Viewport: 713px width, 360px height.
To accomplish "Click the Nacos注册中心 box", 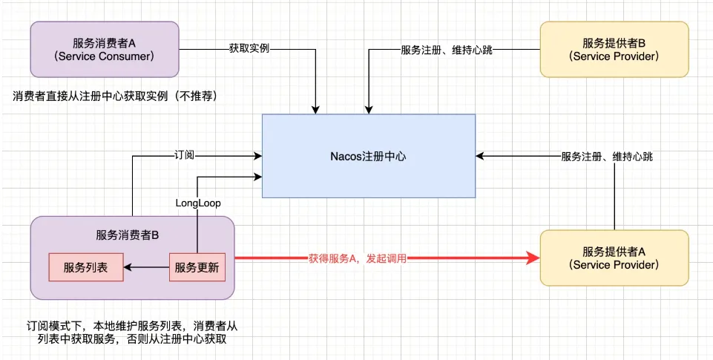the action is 369,156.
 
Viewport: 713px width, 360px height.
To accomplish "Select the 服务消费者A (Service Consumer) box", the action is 105,49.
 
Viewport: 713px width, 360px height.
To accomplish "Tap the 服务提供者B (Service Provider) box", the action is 614,49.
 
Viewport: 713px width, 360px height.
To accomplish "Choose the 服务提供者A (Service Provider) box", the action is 614,258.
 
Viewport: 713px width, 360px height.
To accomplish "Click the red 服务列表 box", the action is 86,267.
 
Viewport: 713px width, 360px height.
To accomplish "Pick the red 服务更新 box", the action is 197,267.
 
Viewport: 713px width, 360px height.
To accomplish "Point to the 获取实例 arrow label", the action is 249,49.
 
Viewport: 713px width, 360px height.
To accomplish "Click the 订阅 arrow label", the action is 184,156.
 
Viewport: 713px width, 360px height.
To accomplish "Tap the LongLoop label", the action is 198,203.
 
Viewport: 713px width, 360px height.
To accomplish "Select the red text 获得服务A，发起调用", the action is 358,259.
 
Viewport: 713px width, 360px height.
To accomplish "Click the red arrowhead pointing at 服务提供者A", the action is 533,258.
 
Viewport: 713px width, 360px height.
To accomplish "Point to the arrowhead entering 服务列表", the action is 128,267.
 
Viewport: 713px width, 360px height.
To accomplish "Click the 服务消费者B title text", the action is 128,235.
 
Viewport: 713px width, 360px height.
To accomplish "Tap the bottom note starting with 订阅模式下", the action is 132,333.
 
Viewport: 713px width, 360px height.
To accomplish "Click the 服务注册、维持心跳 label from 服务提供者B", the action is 447,49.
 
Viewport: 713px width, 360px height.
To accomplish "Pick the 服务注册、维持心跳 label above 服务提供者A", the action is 607,157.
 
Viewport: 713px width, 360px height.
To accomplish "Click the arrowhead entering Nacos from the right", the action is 480,156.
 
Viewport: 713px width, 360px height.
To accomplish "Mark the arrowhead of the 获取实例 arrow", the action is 315,110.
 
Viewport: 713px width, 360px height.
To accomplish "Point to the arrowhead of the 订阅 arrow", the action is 258,156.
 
